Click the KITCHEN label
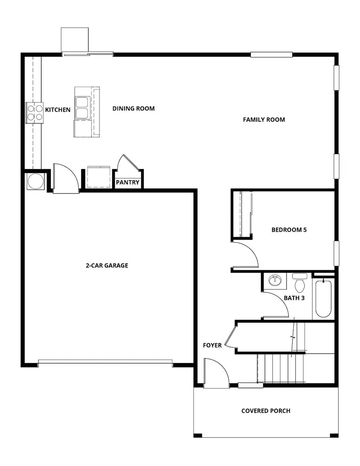[x=58, y=110]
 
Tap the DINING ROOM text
[x=133, y=108]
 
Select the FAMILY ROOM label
[x=264, y=119]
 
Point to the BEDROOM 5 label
[x=289, y=230]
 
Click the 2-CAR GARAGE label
[x=107, y=265]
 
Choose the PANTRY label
[x=128, y=183]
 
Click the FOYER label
[x=212, y=345]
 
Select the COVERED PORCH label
[x=266, y=411]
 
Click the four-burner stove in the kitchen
[x=34, y=113]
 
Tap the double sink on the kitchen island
[x=82, y=107]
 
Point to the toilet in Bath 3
[x=299, y=283]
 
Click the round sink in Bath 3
[x=275, y=280]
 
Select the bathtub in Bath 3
[x=323, y=299]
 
